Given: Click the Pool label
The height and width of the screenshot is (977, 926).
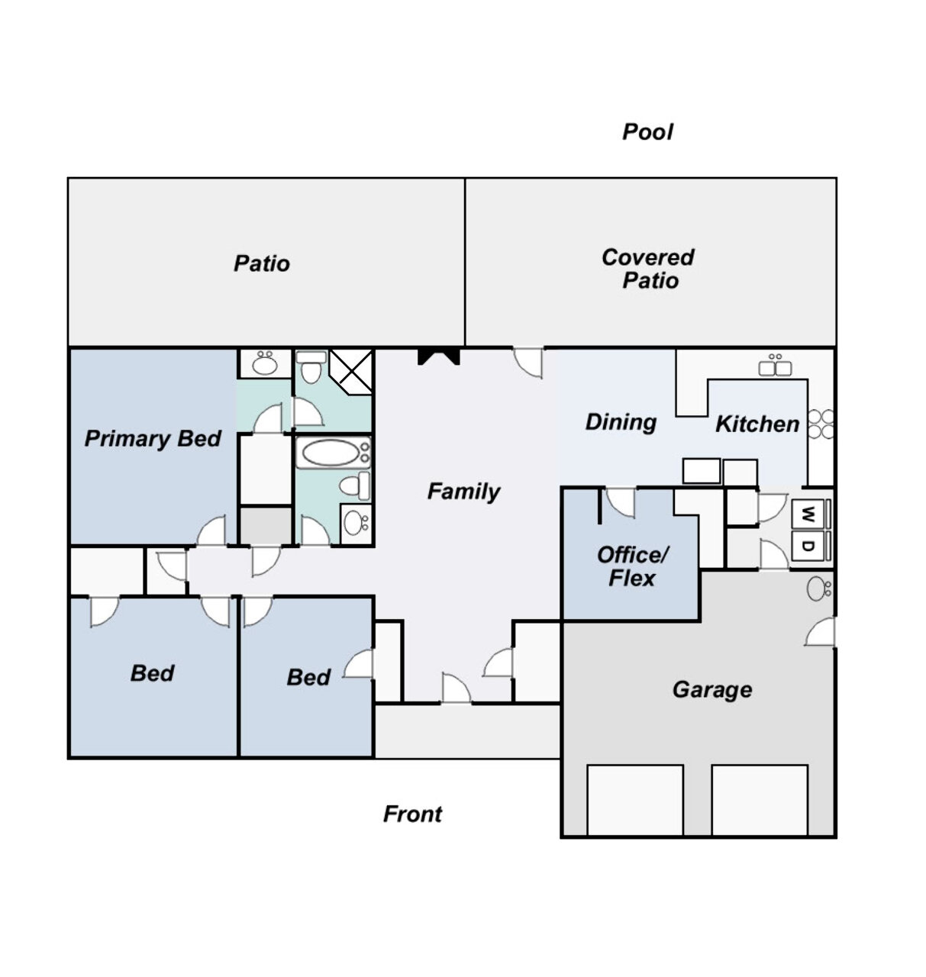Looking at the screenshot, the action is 647,132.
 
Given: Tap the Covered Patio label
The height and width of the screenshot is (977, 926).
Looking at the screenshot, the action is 648,269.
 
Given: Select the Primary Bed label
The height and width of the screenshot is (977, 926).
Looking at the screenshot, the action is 153,438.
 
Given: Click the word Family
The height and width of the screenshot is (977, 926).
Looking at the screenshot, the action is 463,492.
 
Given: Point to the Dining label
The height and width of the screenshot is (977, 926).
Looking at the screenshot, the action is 621,422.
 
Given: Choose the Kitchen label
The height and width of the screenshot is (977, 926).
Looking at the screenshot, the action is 757,424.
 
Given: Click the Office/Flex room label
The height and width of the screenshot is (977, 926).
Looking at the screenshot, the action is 632,566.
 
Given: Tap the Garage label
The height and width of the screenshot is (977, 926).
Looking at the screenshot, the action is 712,690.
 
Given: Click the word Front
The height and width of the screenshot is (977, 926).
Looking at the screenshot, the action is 412,814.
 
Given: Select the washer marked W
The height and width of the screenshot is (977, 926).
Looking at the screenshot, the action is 811,514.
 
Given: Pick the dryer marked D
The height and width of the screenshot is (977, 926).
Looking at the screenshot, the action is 811,547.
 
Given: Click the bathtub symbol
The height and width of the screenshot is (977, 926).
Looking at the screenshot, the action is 333,453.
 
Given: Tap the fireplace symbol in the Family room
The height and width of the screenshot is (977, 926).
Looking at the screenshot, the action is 438,356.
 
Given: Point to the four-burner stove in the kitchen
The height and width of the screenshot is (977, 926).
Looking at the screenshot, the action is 821,424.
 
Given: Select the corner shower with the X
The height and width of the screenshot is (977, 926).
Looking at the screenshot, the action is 351,372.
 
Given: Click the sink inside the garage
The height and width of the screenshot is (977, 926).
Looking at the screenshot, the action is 818,589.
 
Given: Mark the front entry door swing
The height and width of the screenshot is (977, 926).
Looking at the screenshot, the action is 456,688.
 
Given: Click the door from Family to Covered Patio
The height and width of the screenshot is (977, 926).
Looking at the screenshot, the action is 528,363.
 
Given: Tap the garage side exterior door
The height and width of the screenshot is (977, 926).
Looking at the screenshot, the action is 821,632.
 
